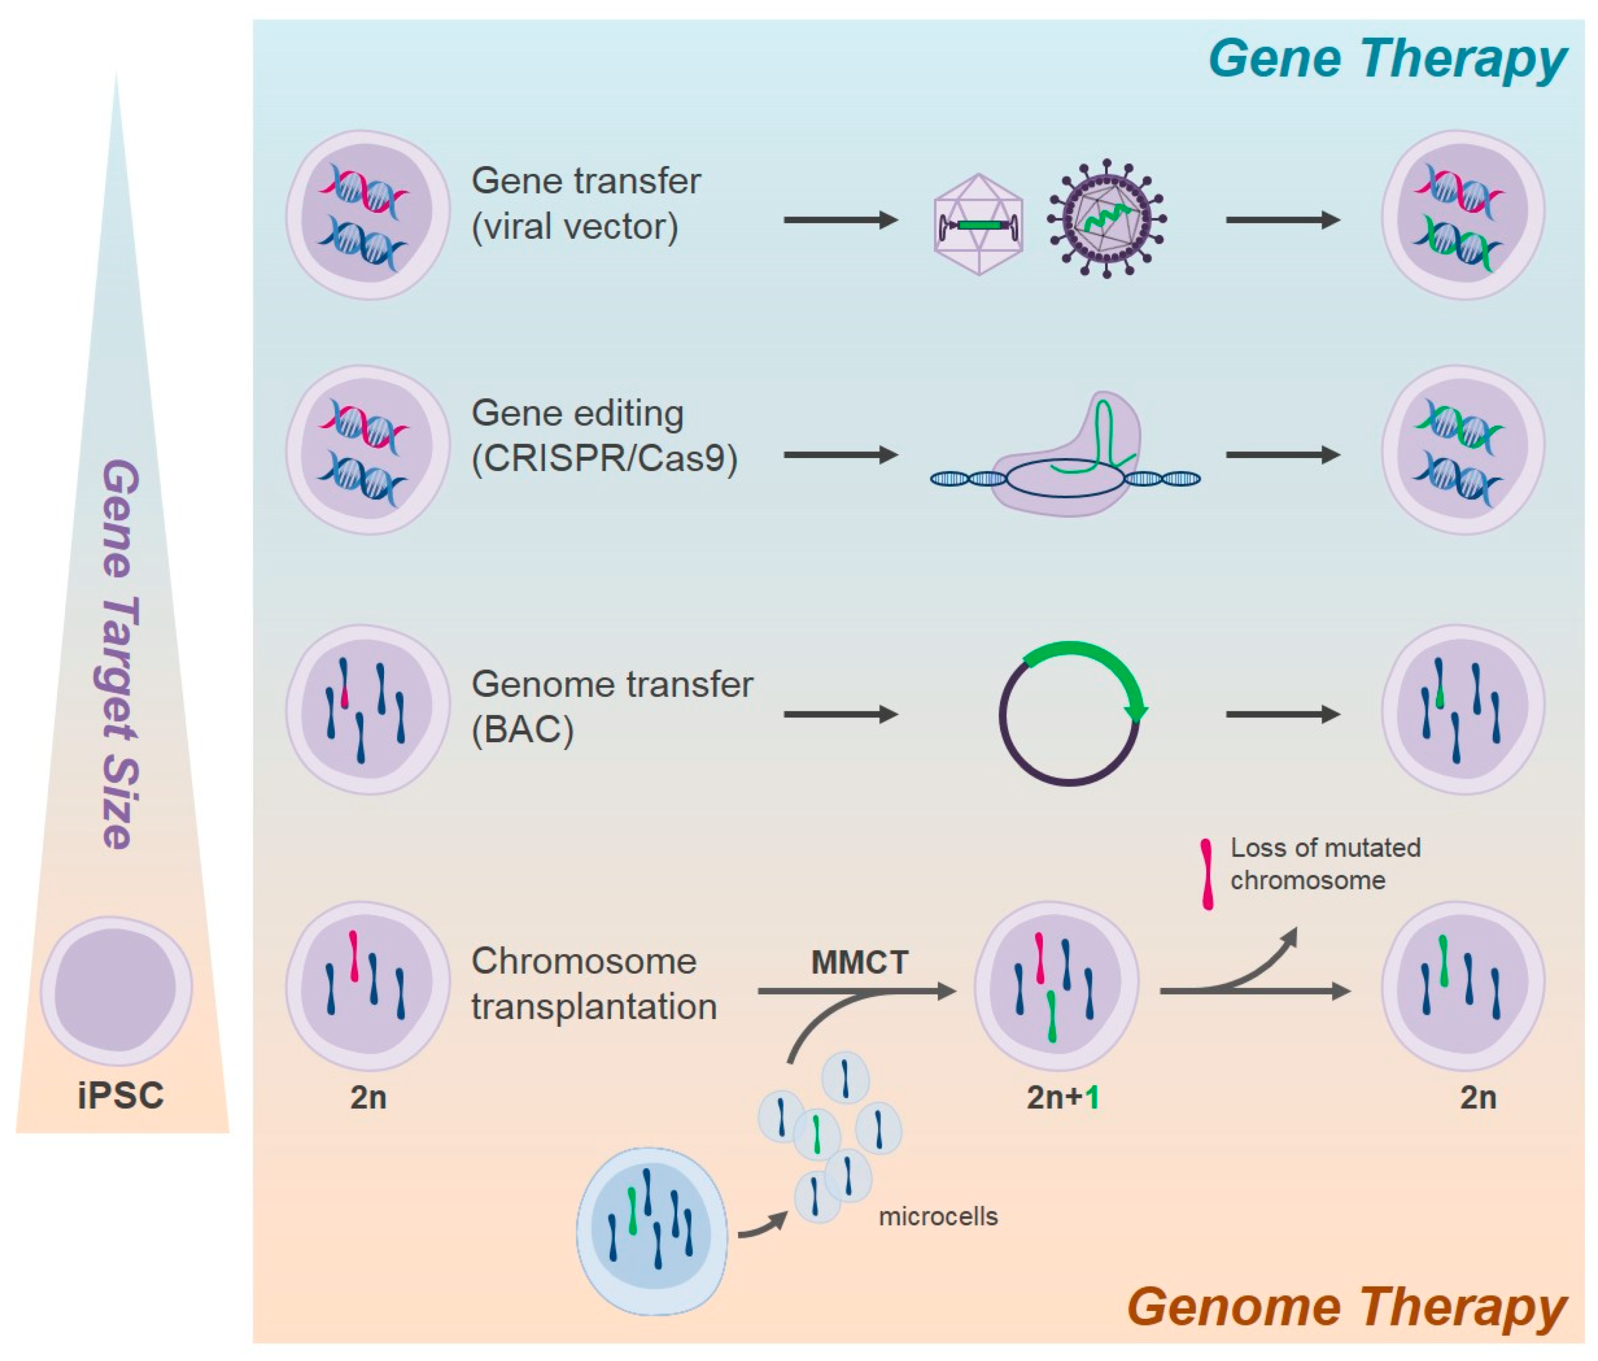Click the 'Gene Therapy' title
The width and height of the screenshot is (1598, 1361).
[1387, 59]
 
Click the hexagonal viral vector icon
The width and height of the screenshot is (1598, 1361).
[978, 223]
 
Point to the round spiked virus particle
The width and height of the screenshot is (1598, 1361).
[1106, 220]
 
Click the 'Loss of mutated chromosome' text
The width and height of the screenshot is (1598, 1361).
[1325, 863]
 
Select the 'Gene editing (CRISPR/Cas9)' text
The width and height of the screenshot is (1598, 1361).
[604, 436]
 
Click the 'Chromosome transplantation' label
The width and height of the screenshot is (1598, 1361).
[594, 983]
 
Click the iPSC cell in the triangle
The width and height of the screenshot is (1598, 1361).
[117, 990]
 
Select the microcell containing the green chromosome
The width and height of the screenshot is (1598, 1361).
[817, 1134]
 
